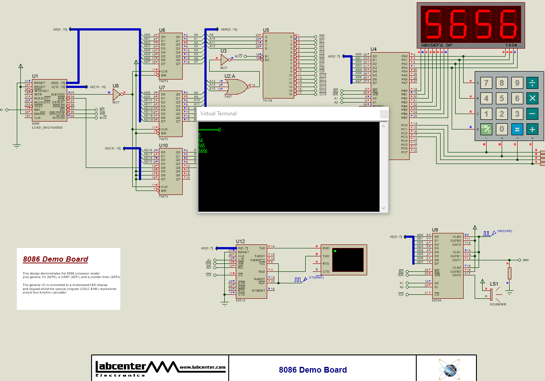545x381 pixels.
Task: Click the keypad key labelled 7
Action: coord(486,83)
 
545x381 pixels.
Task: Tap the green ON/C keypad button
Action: coord(486,129)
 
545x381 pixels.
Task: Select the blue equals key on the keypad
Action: coord(517,129)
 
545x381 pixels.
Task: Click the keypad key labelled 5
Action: coord(502,99)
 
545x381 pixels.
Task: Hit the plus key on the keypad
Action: coord(532,129)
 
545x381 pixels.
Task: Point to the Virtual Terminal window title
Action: coord(219,114)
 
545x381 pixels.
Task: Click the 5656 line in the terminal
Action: coord(203,151)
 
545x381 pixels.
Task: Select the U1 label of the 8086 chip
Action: coord(35,76)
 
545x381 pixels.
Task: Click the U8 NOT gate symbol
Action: coord(117,94)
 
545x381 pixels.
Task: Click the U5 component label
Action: coord(265,30)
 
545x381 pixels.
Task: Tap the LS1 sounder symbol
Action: coord(491,293)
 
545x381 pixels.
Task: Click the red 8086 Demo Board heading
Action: coord(55,259)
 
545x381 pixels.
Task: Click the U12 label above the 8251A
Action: coord(240,241)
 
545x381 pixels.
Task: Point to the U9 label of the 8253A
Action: coord(435,230)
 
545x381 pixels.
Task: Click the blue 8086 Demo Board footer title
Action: coord(313,370)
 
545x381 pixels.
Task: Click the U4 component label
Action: coord(374,49)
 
